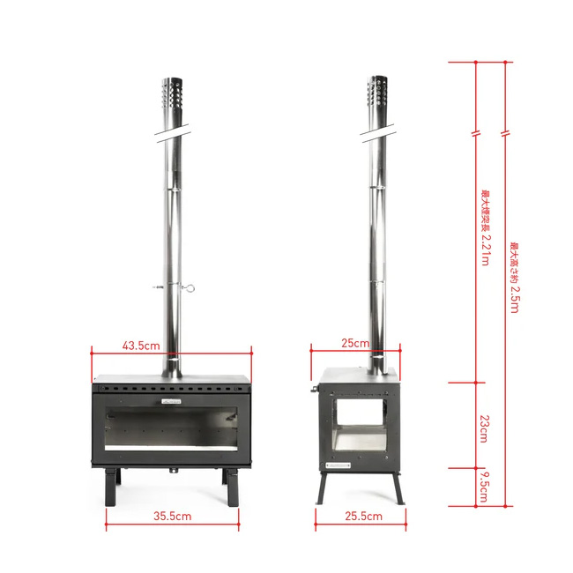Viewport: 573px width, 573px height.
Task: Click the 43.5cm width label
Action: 141,346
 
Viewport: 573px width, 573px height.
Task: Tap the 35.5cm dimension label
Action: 172,516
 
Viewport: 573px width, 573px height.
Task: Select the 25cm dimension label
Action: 355,343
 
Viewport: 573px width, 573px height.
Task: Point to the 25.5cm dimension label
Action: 363,516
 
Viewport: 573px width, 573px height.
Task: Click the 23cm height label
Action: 484,428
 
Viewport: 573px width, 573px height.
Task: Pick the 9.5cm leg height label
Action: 484,487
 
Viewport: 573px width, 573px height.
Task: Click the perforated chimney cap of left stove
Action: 172,93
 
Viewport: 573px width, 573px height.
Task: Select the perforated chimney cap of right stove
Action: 377,92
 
